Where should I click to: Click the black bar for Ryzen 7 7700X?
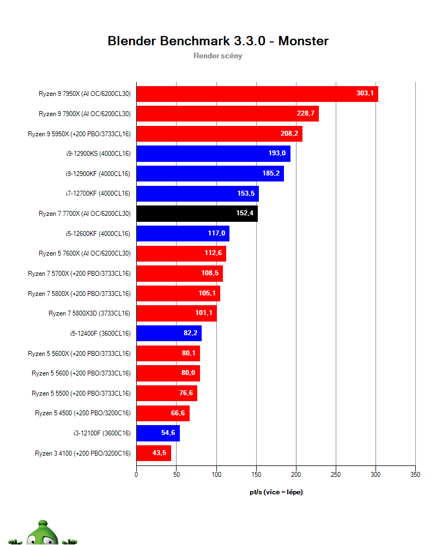pyautogui.click(x=197, y=214)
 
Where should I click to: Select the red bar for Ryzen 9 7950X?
pyautogui.click(x=257, y=94)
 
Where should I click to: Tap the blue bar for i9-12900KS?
pyautogui.click(x=213, y=154)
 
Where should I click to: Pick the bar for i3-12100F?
pyautogui.click(x=158, y=433)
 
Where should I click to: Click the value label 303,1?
pyautogui.click(x=365, y=94)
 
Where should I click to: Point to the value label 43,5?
pyautogui.click(x=160, y=453)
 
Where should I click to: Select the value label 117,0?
pyautogui.click(x=216, y=234)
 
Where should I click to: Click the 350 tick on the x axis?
pyautogui.click(x=415, y=475)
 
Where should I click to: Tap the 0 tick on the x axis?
pyautogui.click(x=136, y=475)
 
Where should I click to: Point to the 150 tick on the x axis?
pyautogui.click(x=256, y=475)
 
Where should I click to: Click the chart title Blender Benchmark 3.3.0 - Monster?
pyautogui.click(x=218, y=41)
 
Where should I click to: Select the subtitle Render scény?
pyautogui.click(x=218, y=56)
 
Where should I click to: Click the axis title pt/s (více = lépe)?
pyautogui.click(x=276, y=492)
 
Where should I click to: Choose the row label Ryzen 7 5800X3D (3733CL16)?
pyautogui.click(x=89, y=313)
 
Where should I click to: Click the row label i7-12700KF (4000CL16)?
pyautogui.click(x=98, y=193)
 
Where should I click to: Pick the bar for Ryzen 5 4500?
pyautogui.click(x=162, y=413)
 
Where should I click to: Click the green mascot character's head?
pyautogui.click(x=41, y=534)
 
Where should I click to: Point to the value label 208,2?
pyautogui.click(x=290, y=134)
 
